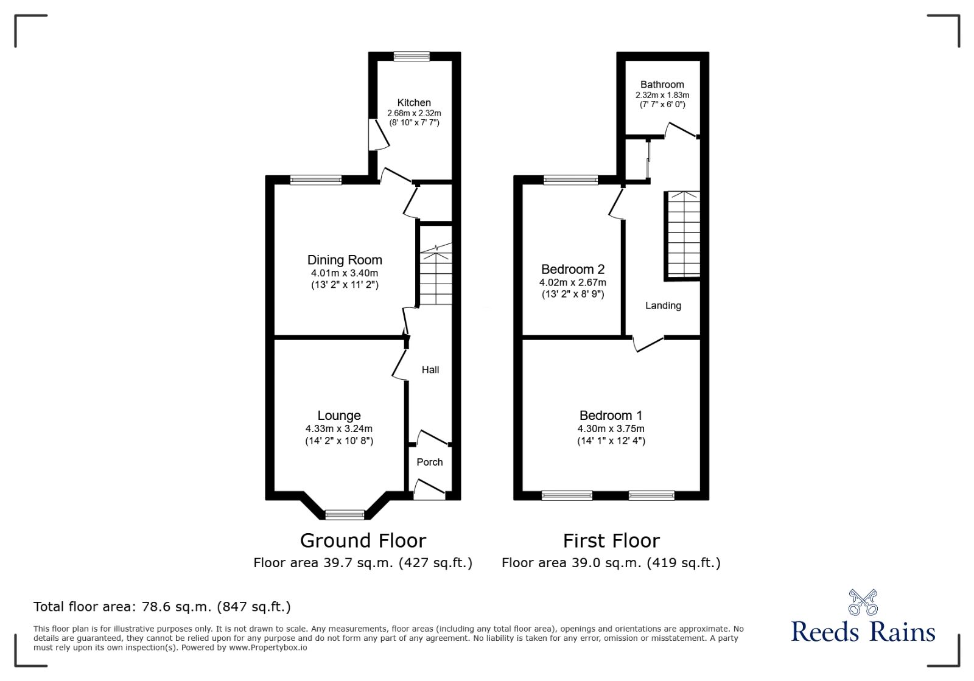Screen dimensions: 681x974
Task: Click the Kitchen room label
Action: pos(414,103)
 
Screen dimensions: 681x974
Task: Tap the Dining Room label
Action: pos(345,260)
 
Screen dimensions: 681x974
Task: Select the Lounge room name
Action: pos(339,416)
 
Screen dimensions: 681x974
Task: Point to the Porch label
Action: pos(430,462)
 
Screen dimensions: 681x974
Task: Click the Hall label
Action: pos(430,369)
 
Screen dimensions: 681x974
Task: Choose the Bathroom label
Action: pos(662,85)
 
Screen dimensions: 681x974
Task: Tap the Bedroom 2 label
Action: pos(573,269)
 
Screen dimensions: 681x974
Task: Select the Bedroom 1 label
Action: pos(611,416)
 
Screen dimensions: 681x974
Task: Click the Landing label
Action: pos(663,306)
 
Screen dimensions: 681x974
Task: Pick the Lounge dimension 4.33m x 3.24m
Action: pos(339,428)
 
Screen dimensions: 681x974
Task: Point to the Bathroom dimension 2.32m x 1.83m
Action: pos(662,95)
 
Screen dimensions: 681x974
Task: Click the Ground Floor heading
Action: pos(363,540)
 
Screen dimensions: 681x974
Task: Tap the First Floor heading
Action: pos(611,540)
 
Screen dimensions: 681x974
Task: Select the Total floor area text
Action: pos(162,607)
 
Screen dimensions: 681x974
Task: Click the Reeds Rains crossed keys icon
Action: pos(863,602)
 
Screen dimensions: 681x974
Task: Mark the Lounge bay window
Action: pos(345,515)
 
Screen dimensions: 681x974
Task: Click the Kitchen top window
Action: pos(412,57)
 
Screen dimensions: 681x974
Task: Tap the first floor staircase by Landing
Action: pos(684,234)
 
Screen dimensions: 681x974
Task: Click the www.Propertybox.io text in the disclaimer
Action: pos(268,648)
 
